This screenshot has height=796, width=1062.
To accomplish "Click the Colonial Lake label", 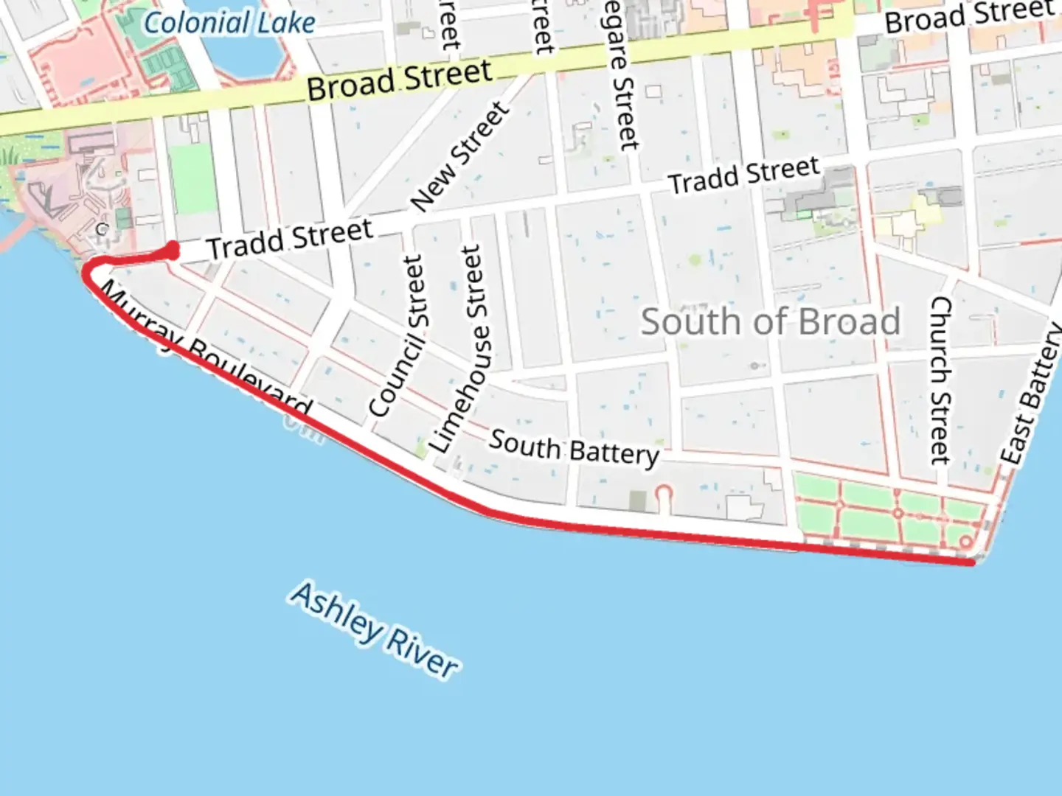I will (x=229, y=23).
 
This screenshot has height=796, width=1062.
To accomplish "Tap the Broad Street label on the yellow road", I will (x=399, y=80).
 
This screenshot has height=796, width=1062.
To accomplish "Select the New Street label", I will (x=459, y=156).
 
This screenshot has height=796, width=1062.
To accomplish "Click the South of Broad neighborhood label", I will (x=770, y=322).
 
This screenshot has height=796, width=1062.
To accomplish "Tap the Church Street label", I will (x=940, y=380).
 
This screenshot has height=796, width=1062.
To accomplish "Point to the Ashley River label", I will (x=375, y=631).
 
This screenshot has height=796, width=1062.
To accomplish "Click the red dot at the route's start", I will (x=172, y=250).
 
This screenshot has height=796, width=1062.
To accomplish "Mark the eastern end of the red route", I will (x=971, y=562).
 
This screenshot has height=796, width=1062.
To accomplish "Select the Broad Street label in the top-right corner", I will (x=969, y=16).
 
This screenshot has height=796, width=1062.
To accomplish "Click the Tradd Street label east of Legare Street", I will (x=743, y=175).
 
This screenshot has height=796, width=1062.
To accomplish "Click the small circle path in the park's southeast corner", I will (x=966, y=542).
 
